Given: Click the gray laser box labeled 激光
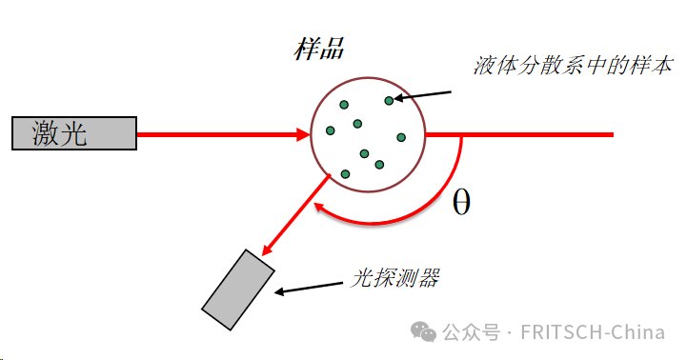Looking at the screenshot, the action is (x=73, y=134).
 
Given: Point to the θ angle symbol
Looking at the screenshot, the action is (x=461, y=203).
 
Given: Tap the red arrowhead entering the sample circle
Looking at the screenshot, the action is (x=304, y=134).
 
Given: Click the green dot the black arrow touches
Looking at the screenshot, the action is (x=389, y=100).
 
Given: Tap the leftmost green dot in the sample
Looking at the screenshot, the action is (x=330, y=130).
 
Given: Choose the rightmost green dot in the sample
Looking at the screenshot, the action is (x=401, y=137).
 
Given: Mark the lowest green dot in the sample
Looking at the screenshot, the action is (x=345, y=173).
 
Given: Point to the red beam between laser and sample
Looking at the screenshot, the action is (x=219, y=134).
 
